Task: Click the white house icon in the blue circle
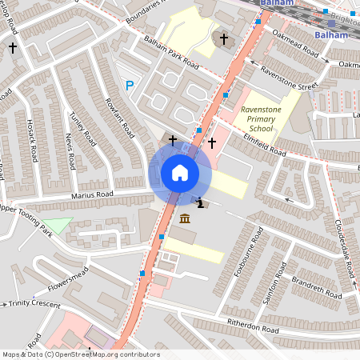click(180, 173)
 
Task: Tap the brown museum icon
click(185, 219)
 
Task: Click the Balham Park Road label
click(170, 51)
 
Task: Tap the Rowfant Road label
click(117, 117)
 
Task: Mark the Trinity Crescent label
click(34, 303)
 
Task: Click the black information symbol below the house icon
click(199, 203)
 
